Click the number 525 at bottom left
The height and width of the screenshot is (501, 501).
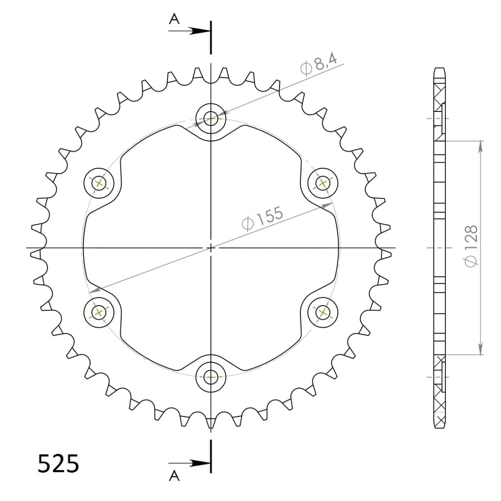point(58,463)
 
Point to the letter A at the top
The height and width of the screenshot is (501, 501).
point(175,19)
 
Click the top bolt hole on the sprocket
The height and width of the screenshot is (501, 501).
point(211,119)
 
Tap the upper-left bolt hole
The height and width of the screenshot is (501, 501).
point(99,183)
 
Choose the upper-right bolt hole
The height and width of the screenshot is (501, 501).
point(323,183)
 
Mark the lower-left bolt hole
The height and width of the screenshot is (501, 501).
point(99,311)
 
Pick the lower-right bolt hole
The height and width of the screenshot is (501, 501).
point(323,311)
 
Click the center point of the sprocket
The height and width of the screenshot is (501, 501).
point(211,248)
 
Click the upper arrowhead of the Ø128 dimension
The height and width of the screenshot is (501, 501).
point(481,146)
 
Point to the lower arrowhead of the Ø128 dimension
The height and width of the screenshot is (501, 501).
point(481,350)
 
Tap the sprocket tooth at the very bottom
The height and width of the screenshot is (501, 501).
point(211,423)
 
